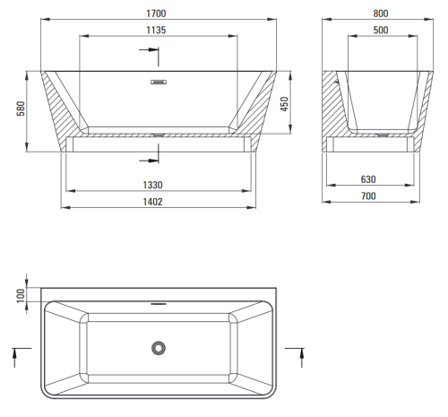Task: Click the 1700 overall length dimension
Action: (156, 13)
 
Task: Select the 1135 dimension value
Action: (156, 30)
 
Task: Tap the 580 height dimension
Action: (21, 109)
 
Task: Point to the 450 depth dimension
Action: (284, 104)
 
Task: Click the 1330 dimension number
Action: (152, 185)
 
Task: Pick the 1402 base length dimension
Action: (152, 202)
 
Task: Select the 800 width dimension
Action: (381, 13)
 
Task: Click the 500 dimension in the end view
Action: (381, 30)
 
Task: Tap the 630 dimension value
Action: (368, 179)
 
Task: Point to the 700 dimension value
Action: (368, 196)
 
